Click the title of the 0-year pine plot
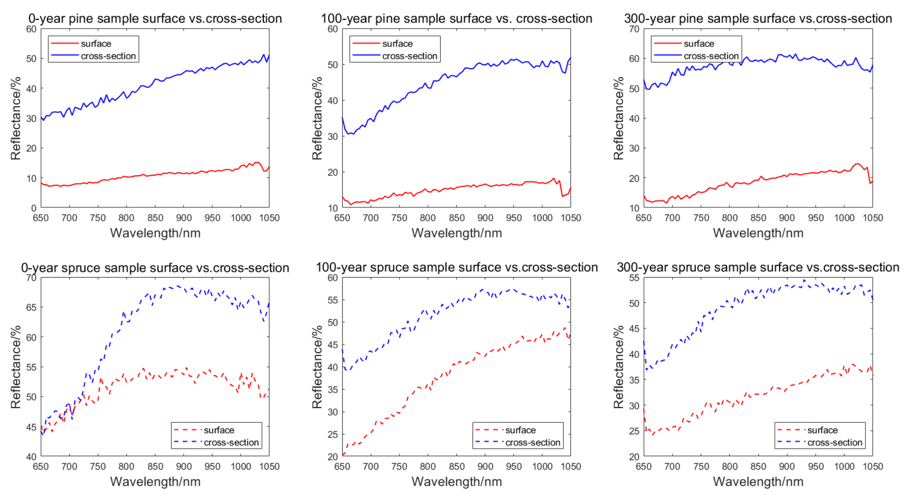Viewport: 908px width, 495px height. [x=155, y=18]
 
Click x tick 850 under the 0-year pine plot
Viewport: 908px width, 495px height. [x=155, y=218]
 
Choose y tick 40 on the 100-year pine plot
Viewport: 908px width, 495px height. [x=333, y=100]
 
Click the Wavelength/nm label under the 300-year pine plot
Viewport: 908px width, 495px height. [x=758, y=233]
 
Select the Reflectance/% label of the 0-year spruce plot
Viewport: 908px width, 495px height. [x=16, y=367]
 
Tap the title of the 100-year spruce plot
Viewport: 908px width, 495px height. [x=456, y=267]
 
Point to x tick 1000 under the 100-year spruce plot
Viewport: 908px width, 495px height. [x=542, y=467]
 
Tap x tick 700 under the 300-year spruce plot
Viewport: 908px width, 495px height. [x=672, y=467]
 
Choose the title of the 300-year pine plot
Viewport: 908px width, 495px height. [x=758, y=18]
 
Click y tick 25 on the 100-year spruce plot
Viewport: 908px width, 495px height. [x=333, y=434]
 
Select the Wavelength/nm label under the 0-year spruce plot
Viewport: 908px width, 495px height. [x=155, y=482]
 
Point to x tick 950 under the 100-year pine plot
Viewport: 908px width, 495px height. [x=514, y=218]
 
